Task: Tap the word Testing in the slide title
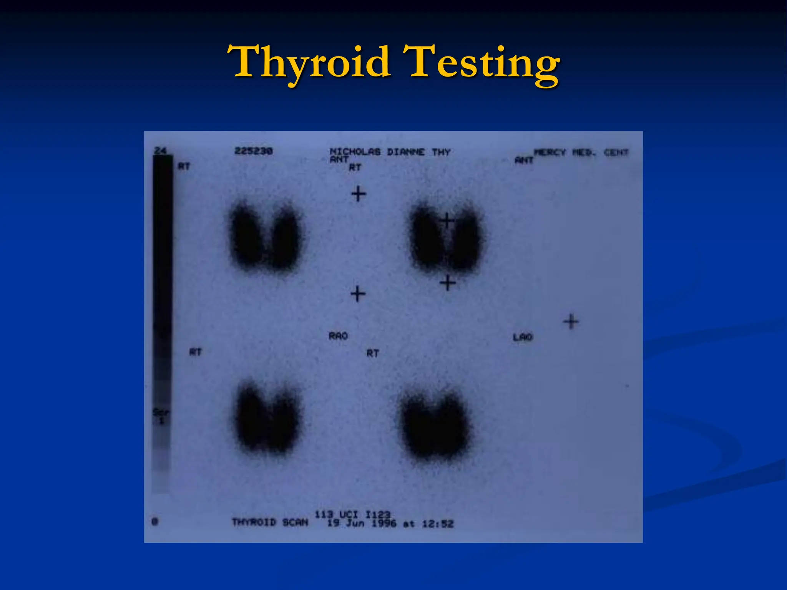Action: pos(482,63)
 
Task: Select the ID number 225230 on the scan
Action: pos(253,151)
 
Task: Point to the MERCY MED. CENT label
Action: pos(581,153)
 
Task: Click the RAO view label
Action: pos(338,336)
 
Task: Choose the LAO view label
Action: pos(523,337)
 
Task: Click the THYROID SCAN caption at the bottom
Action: pos(270,522)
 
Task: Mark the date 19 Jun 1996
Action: pos(362,524)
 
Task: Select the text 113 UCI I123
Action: pos(352,514)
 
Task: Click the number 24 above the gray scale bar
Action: pos(160,151)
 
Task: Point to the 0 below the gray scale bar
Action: pos(155,522)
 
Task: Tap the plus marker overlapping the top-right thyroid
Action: pos(447,221)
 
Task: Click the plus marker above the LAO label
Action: pos(571,322)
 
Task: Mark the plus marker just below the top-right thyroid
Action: pos(448,283)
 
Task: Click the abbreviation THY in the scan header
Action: pos(441,152)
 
